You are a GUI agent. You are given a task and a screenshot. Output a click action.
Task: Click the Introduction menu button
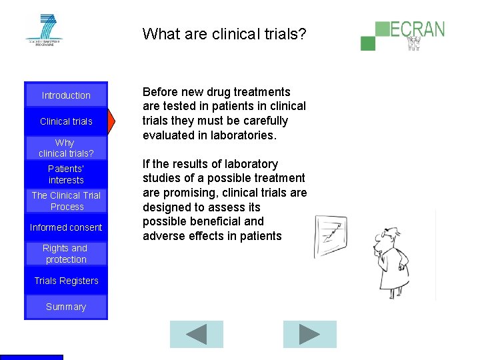[x=66, y=95]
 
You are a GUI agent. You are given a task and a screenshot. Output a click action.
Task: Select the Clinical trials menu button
[x=66, y=121]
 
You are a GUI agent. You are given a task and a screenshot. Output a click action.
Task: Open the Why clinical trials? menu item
[x=65, y=148]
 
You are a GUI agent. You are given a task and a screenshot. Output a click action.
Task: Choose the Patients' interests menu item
[x=66, y=175]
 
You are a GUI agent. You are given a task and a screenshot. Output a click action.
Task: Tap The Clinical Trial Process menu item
[x=66, y=201]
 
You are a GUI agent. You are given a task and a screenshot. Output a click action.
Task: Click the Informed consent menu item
[x=66, y=227]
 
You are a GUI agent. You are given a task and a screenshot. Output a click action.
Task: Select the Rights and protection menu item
[x=65, y=253]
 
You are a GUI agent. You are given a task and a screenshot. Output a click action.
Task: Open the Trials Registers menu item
[x=66, y=281]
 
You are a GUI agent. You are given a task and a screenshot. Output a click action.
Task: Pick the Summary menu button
[x=66, y=307]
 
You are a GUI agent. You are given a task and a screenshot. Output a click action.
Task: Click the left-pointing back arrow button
[x=197, y=335]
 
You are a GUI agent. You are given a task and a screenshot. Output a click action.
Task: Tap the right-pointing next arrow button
[x=309, y=335]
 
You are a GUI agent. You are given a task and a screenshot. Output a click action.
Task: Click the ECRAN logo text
[x=417, y=29]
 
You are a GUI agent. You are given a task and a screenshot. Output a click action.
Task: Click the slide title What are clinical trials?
[x=225, y=33]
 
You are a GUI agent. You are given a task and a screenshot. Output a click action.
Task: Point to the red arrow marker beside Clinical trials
[x=112, y=121]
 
